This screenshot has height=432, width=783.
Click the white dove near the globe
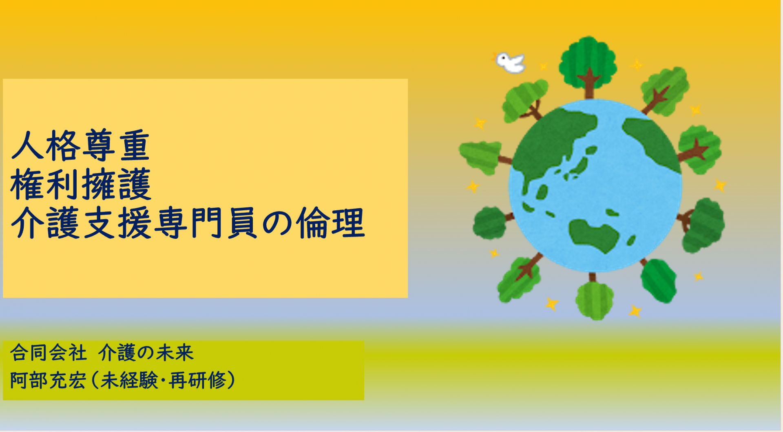[510, 62]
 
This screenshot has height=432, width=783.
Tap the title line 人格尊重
[81, 146]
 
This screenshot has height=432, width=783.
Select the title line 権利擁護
[81, 185]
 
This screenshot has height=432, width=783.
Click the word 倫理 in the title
[330, 223]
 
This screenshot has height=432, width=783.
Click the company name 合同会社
[49, 353]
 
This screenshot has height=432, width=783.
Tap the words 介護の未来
[146, 353]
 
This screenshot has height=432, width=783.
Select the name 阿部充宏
[48, 381]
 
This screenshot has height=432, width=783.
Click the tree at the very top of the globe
[588, 63]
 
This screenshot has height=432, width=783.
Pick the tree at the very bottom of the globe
[594, 300]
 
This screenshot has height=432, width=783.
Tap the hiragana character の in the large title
[277, 223]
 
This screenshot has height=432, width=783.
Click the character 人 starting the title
[28, 146]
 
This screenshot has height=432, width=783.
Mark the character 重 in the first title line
[135, 146]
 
